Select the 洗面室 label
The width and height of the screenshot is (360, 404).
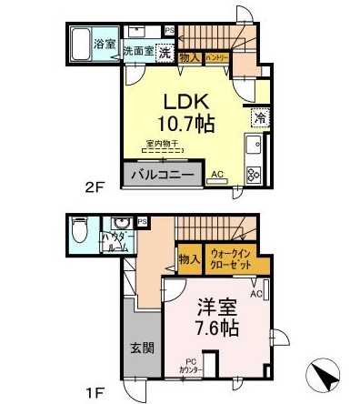pyautogui.click(x=138, y=52)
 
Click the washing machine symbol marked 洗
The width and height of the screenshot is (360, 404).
pyautogui.click(x=165, y=52)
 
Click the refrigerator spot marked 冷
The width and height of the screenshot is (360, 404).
pyautogui.click(x=259, y=117)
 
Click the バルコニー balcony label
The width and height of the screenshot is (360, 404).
pyautogui.click(x=161, y=173)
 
